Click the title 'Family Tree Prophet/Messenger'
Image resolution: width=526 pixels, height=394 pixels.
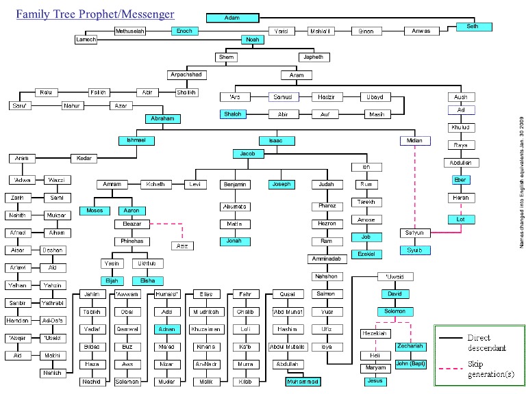click(95, 14)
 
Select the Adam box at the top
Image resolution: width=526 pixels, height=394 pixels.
click(232, 17)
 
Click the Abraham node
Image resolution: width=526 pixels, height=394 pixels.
click(163, 119)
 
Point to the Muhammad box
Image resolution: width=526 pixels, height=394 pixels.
click(303, 381)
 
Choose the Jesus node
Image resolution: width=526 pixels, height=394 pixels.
click(373, 380)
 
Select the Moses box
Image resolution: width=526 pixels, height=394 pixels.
click(95, 211)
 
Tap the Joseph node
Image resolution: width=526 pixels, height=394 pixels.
click(280, 184)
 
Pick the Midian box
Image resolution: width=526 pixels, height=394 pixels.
click(415, 141)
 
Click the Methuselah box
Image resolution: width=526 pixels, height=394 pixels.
click(130, 31)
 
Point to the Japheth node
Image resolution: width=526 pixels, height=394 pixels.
click(314, 57)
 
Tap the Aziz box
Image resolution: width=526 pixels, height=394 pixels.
click(181, 246)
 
